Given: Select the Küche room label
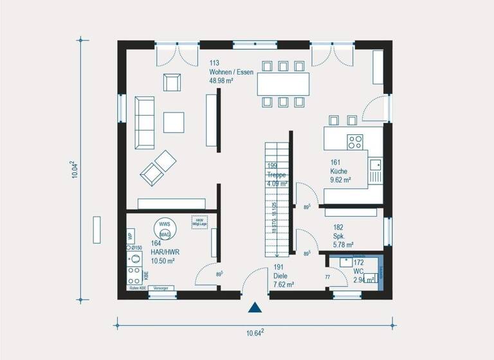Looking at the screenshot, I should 339,172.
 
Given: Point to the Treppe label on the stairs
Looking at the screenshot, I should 277,175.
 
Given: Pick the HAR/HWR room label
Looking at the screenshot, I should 165,253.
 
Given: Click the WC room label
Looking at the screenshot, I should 359,272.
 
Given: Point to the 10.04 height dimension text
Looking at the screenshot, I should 75,170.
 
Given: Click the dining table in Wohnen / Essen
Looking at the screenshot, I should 283,84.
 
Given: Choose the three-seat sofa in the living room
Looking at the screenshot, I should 144,123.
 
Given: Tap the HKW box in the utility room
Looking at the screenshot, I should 199,222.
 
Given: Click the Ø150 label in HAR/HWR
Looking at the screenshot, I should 136,248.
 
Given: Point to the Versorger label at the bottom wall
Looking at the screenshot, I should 163,289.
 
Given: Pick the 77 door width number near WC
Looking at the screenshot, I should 327,278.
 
